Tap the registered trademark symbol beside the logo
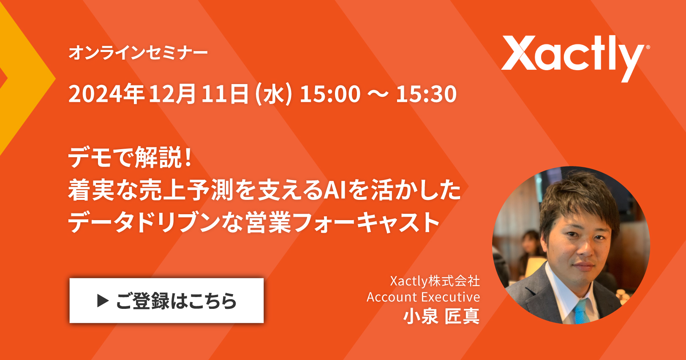coord(648,47)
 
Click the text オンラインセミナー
coord(138,52)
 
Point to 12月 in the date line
coord(172,94)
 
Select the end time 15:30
coord(426,94)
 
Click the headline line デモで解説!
coord(130,157)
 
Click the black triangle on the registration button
coord(103,300)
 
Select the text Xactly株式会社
coord(435,281)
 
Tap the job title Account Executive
coord(423,297)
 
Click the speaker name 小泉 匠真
coord(441,316)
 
